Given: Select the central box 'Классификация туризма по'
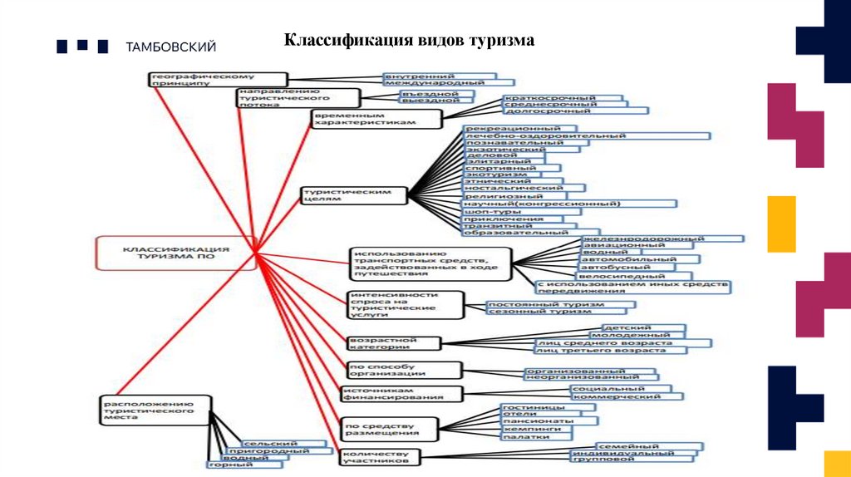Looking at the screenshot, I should coord(176,253).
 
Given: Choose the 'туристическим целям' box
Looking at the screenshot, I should coord(356,195).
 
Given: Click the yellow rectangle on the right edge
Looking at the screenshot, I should coord(781,224).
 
